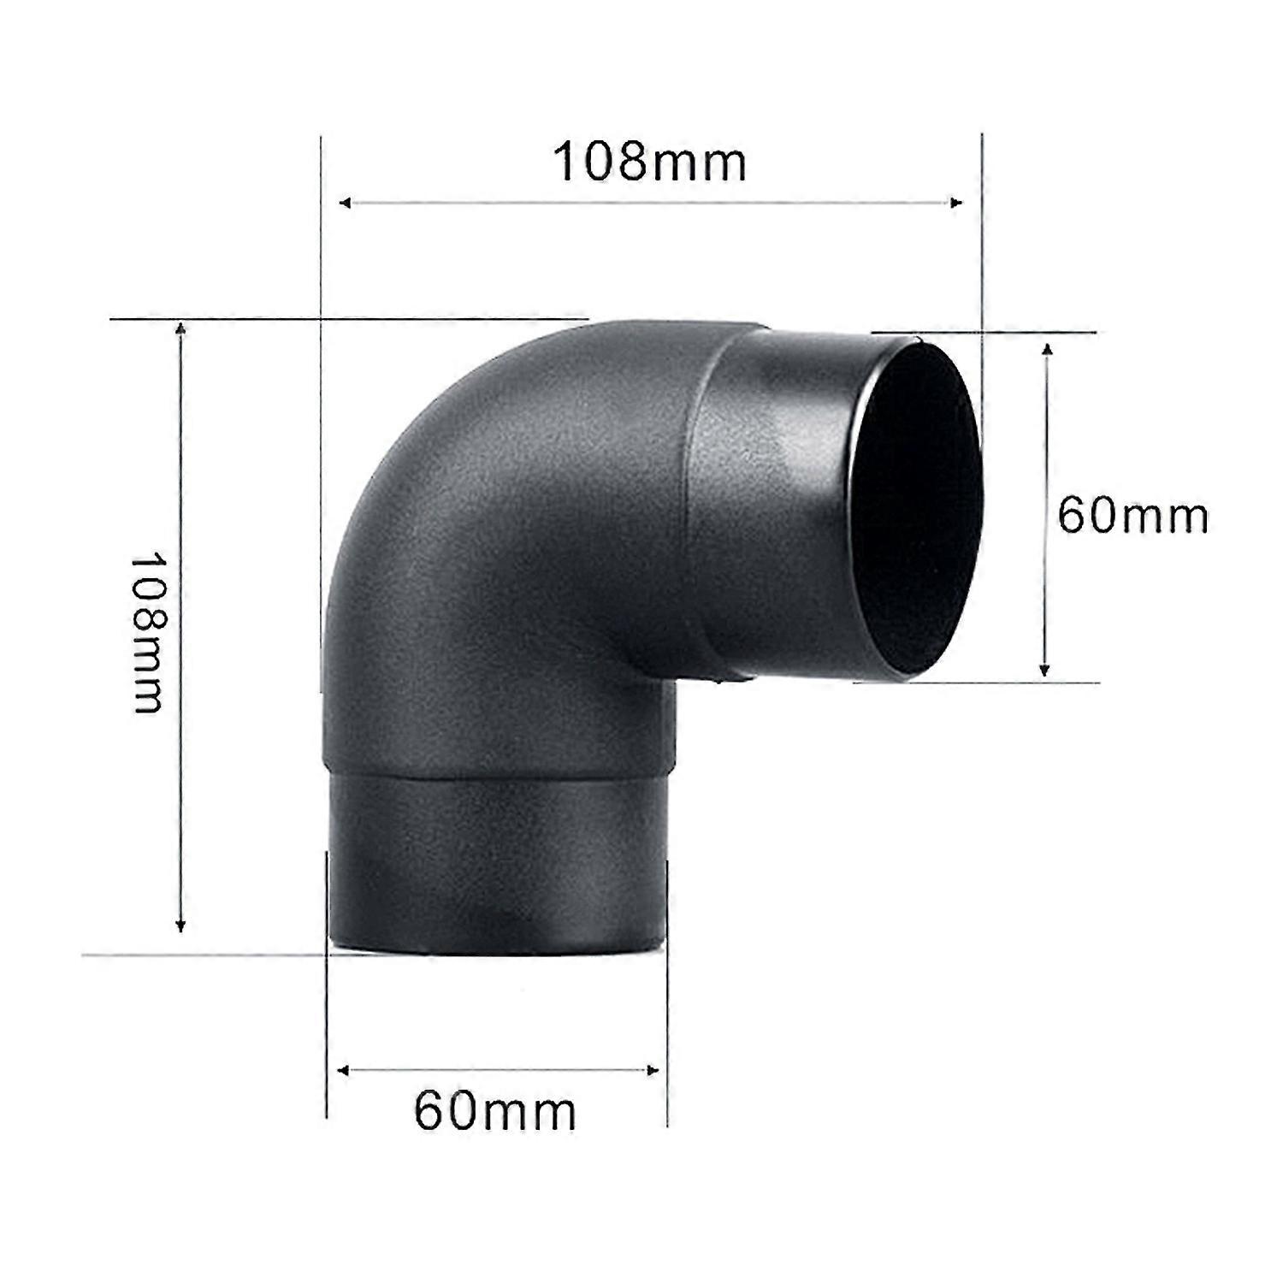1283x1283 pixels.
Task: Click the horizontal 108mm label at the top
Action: click(650, 162)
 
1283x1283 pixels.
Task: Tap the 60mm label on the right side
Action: click(1132, 516)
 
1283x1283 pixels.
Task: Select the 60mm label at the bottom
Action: click(495, 1111)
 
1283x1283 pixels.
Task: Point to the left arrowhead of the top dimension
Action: click(345, 203)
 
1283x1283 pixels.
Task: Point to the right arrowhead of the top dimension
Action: click(957, 203)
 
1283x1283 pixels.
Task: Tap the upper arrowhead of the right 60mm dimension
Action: click(1046, 349)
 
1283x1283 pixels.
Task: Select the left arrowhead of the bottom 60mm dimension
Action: click(345, 1070)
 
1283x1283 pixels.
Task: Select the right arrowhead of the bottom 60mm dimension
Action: click(653, 1070)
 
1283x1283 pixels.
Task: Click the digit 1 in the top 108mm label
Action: click(567, 162)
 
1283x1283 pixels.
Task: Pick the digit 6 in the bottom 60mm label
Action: click(429, 1111)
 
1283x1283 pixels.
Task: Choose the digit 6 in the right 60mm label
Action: click(1073, 516)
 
